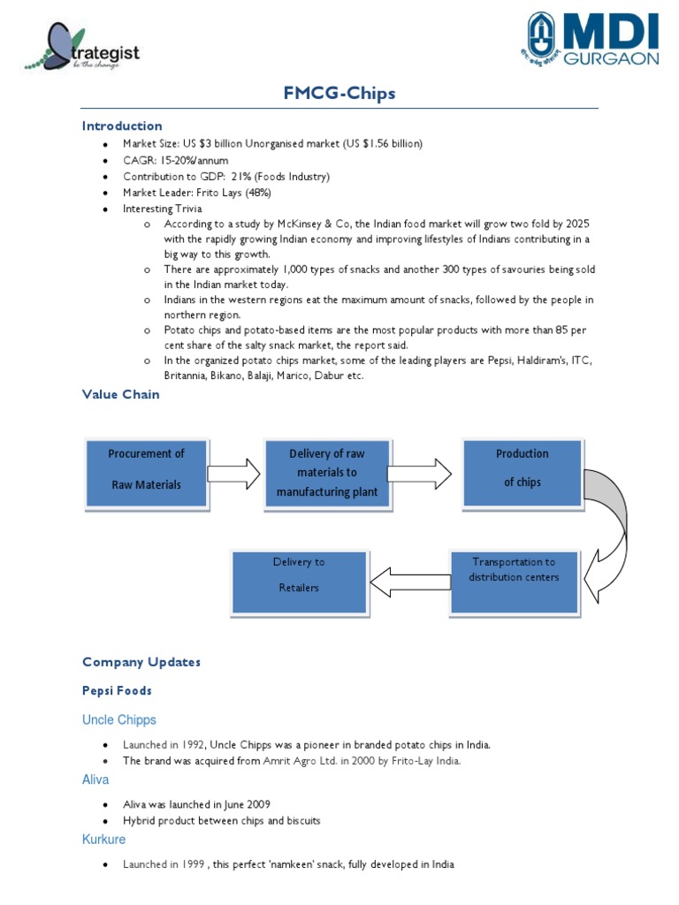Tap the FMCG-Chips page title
coord(339,95)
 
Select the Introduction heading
coord(122,125)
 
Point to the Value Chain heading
coord(121,394)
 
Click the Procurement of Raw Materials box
coord(147,469)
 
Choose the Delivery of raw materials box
coord(326,473)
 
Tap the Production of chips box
coord(522,468)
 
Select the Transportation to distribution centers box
coord(514,570)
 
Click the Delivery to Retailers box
coord(299,575)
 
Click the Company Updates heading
coord(141,662)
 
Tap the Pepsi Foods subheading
coord(117,691)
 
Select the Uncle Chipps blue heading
coord(119,720)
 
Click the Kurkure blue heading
coord(104,840)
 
